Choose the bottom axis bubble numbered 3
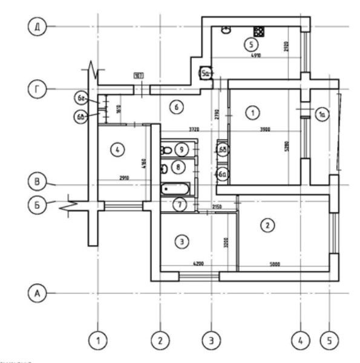point(211,341)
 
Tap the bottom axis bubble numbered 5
point(329,341)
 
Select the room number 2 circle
point(267,226)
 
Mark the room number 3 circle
point(182,242)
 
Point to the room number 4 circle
point(117,148)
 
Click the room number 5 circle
point(249,44)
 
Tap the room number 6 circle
point(175,108)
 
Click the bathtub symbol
point(175,188)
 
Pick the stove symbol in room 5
point(259,31)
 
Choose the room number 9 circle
point(181,149)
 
